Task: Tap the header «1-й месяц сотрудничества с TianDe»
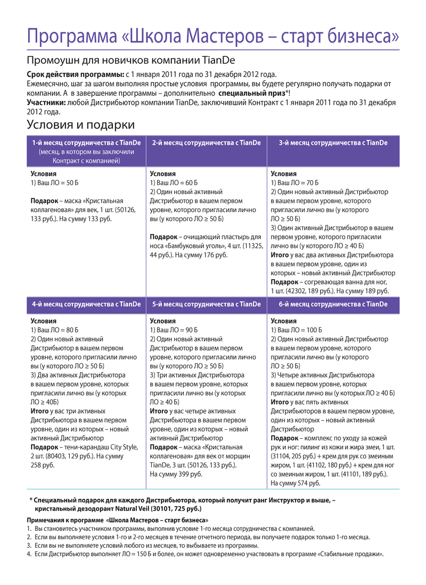coord(86,143)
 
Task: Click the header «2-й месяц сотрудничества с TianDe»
coord(206,143)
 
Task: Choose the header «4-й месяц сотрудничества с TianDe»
coord(86,305)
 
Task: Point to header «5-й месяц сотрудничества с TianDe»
coord(206,305)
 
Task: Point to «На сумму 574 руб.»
coord(296,483)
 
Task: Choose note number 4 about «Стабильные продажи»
coord(208,554)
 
